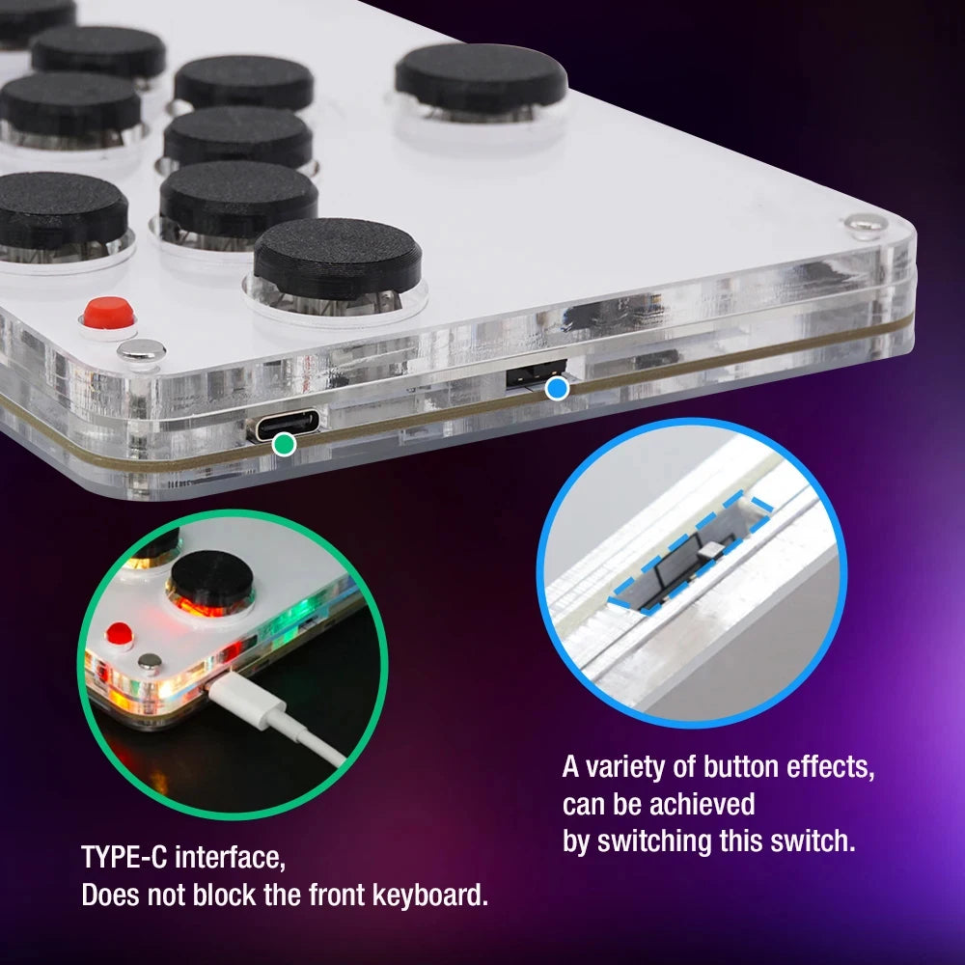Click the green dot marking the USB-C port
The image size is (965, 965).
(284, 444)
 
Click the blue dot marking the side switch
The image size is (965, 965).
(557, 389)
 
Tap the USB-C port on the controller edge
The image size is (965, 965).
(286, 423)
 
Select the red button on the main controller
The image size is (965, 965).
(107, 313)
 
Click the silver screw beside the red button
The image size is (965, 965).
(141, 352)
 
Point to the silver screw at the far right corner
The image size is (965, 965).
(865, 224)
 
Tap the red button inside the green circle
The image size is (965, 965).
(119, 635)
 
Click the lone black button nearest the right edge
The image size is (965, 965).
(481, 76)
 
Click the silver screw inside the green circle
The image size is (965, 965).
(149, 663)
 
